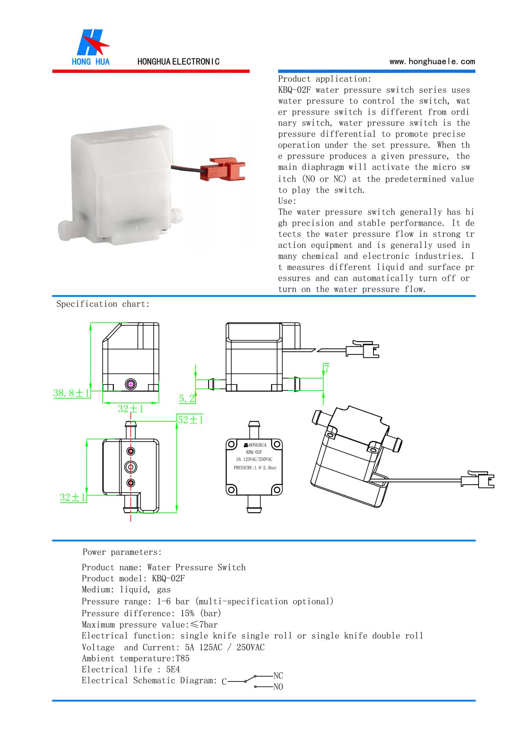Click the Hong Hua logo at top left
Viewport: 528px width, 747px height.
click(x=91, y=47)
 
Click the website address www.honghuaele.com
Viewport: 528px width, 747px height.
click(x=432, y=61)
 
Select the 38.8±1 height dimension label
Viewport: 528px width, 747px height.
click(x=71, y=393)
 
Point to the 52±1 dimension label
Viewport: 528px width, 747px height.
click(x=190, y=419)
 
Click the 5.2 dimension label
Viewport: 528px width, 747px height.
click(x=187, y=399)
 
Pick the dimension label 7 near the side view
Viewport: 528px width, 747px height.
click(x=327, y=368)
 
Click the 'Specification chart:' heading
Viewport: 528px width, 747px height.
click(x=103, y=304)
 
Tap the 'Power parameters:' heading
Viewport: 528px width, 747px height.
click(x=122, y=552)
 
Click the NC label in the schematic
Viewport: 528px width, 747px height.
click(x=278, y=675)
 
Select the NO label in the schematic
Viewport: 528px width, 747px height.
click(x=278, y=687)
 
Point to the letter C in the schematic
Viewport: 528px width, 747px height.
click(x=224, y=682)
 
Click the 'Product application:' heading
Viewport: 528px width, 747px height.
click(x=324, y=79)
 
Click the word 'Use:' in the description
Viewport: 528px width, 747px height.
click(x=287, y=201)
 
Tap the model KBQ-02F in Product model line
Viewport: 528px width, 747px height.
click(x=168, y=578)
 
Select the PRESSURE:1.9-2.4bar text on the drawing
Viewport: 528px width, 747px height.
click(x=255, y=468)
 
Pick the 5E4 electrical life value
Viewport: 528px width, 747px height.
click(x=173, y=669)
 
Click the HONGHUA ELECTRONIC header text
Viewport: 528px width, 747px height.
click(x=178, y=61)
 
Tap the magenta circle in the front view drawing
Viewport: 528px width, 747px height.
click(x=131, y=384)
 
